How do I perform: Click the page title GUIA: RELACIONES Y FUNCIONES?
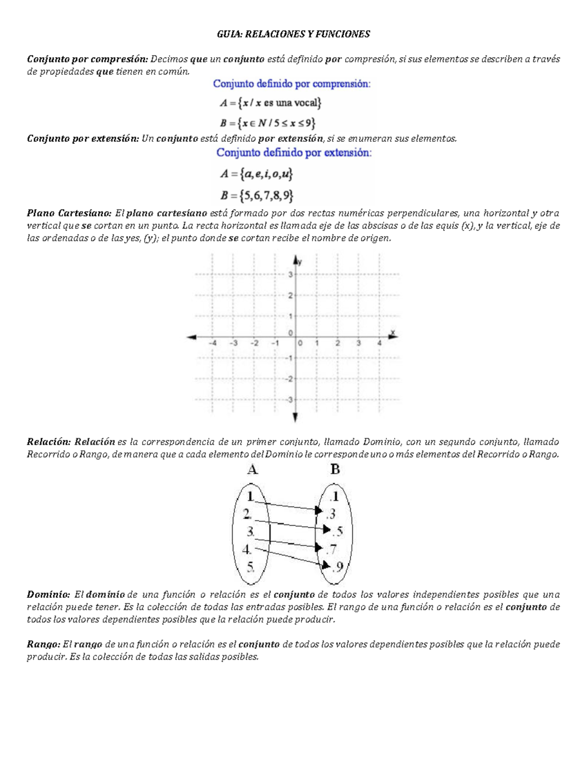click(x=293, y=34)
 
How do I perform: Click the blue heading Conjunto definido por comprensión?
click(x=292, y=84)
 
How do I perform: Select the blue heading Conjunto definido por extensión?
click(x=294, y=153)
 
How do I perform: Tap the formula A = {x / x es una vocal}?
click(x=271, y=103)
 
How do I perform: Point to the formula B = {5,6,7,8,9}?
click(x=257, y=196)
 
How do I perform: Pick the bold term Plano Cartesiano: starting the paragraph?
click(x=69, y=213)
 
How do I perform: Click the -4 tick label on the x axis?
click(x=212, y=344)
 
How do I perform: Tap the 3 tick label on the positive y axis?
click(x=290, y=275)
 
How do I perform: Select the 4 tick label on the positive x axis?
click(x=379, y=344)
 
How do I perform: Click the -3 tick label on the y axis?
click(x=289, y=400)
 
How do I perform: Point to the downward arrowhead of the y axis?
click(x=295, y=417)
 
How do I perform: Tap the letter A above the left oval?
click(x=252, y=470)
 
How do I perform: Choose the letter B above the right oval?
click(x=335, y=470)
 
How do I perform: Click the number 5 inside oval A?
click(x=250, y=567)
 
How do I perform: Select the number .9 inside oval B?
click(x=338, y=567)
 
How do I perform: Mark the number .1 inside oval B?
click(x=334, y=497)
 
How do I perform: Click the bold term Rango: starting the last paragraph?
click(x=44, y=645)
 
